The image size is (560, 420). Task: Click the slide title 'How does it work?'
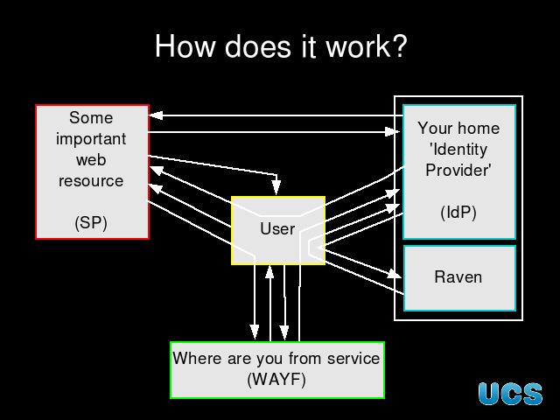pos(280,46)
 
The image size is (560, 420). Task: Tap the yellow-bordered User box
pos(278,230)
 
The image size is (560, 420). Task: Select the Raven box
pos(458,277)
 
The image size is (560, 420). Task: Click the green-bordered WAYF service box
pos(276,369)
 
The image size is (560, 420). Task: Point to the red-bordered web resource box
pos(92,171)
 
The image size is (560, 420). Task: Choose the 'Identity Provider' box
pos(458,171)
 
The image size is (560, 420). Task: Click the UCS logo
pos(510,394)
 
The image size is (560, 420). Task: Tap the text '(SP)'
pos(91,222)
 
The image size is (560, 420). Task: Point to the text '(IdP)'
pos(458,213)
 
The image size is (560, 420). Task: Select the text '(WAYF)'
pos(276,380)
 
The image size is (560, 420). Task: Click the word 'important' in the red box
pos(91,138)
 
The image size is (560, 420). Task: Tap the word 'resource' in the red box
pos(91,181)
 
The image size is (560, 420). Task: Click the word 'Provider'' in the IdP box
pos(458,170)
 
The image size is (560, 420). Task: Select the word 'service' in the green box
pos(350,358)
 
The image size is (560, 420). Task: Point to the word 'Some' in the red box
pos(91,117)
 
